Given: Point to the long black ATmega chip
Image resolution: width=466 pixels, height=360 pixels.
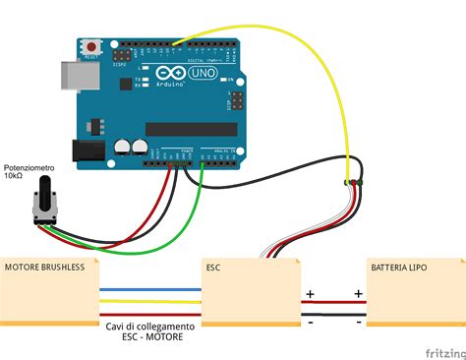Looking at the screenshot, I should (x=191, y=129).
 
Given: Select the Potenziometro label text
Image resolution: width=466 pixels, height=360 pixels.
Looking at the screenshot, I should (x=29, y=168).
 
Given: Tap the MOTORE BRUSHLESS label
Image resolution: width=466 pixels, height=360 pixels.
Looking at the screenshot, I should (x=44, y=267).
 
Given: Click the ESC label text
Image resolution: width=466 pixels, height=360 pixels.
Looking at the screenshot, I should (x=214, y=267).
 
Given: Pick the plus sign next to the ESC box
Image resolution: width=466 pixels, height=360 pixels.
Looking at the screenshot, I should (x=310, y=293).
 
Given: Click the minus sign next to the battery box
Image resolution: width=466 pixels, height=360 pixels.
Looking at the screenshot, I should (x=358, y=321).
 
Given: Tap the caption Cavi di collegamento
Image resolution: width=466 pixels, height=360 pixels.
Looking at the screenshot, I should (x=149, y=326).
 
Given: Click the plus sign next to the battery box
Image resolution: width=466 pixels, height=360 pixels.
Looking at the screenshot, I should (x=358, y=293).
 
